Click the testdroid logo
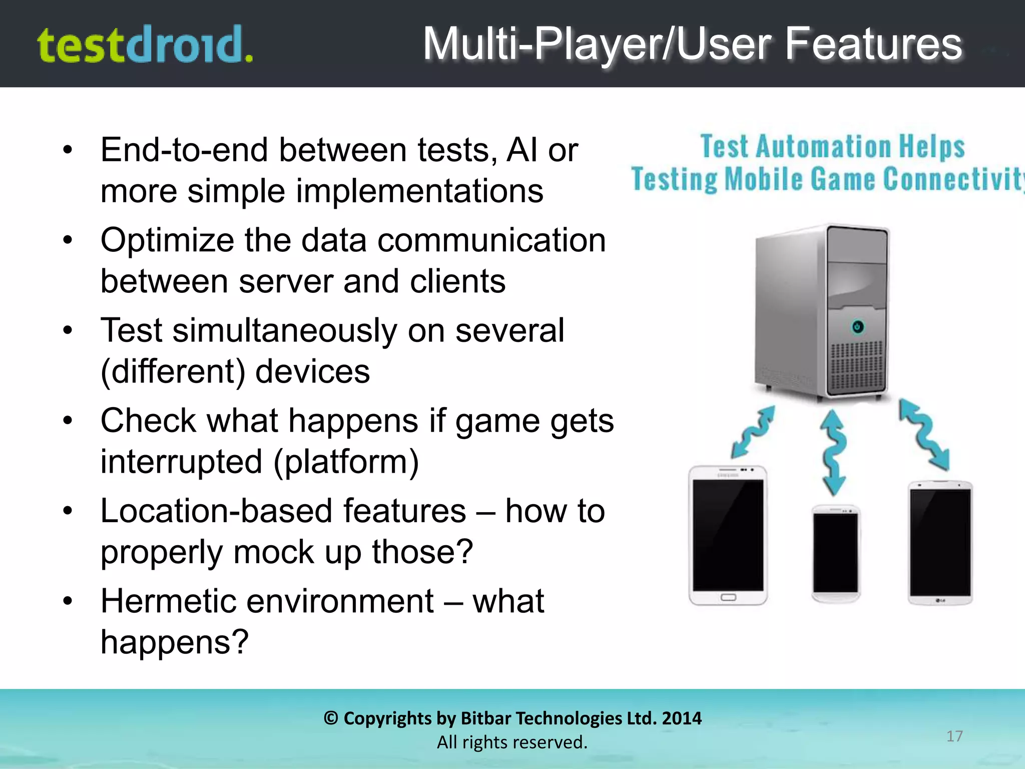click(x=145, y=45)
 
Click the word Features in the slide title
click(x=873, y=44)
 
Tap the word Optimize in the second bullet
click(x=167, y=241)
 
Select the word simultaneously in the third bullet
click(x=285, y=330)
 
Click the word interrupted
click(x=181, y=461)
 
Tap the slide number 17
click(x=954, y=736)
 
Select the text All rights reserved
click(x=512, y=742)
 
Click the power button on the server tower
click(x=857, y=327)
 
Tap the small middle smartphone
click(x=835, y=553)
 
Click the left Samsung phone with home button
click(x=728, y=536)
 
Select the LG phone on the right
click(x=940, y=543)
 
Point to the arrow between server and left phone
click(x=753, y=432)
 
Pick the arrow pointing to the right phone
click(x=924, y=434)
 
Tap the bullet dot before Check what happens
click(x=68, y=421)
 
